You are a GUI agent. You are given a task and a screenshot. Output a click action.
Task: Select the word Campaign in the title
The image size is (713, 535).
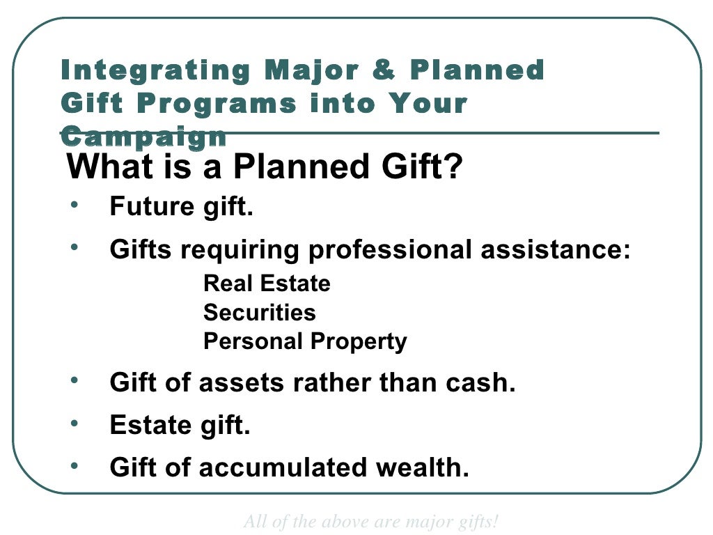coord(143,136)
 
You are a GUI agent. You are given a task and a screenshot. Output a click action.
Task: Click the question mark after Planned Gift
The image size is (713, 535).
coord(453,168)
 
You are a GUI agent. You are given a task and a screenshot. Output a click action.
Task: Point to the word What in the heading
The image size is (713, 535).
coord(110,168)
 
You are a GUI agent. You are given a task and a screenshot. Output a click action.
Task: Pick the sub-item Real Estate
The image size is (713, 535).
coord(267,284)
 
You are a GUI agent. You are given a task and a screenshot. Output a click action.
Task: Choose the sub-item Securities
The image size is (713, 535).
coord(259,313)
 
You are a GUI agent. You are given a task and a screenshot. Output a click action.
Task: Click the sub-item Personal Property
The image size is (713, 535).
coord(305,342)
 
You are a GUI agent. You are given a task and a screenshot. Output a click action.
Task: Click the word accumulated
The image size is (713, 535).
coord(283,468)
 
